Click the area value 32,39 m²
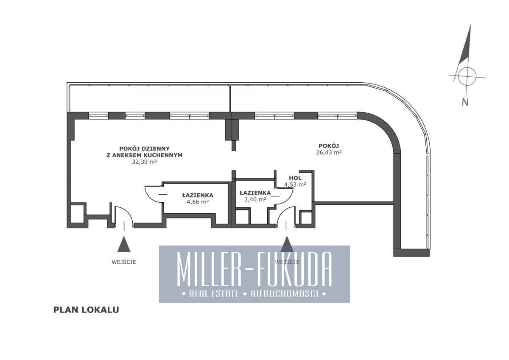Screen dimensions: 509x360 click(x=145, y=162)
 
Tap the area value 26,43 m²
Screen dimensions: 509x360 click(x=329, y=152)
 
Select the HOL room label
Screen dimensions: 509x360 click(x=295, y=178)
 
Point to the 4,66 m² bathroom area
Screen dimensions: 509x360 click(x=198, y=202)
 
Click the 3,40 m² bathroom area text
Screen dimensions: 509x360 click(x=255, y=199)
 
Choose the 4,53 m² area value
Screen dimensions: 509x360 click(x=295, y=184)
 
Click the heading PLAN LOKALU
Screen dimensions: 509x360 click(x=86, y=310)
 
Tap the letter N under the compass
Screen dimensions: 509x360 click(x=465, y=102)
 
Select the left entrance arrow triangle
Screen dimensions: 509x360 click(x=124, y=244)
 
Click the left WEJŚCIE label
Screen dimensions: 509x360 click(x=124, y=262)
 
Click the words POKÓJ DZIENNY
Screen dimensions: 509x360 click(x=145, y=148)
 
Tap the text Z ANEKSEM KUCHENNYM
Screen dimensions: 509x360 click(x=145, y=155)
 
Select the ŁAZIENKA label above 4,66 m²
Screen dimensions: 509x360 click(x=198, y=195)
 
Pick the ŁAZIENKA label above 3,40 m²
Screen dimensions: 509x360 click(x=255, y=193)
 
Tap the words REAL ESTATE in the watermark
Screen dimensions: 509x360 click(x=214, y=294)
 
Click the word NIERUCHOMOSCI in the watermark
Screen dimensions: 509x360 click(x=284, y=294)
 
